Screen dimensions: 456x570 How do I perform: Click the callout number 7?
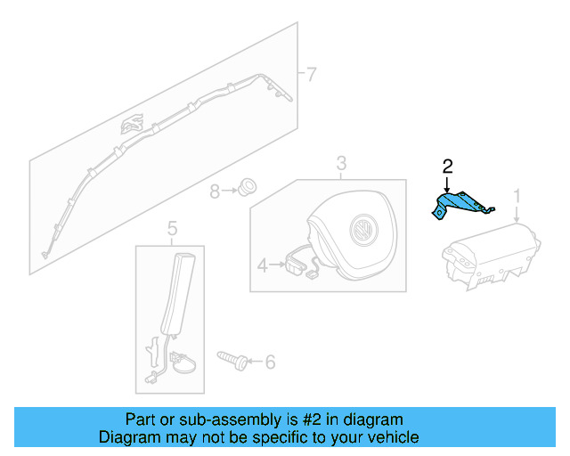pyautogui.click(x=310, y=74)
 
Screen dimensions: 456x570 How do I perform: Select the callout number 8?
pyautogui.click(x=215, y=191)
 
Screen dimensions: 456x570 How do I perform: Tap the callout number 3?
pyautogui.click(x=341, y=163)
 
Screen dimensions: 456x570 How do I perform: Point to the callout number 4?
pyautogui.click(x=262, y=265)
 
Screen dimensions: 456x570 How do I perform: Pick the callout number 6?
pyautogui.click(x=270, y=362)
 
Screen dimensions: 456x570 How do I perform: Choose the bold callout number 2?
pyautogui.click(x=447, y=166)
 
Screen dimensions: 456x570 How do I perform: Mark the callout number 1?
pyautogui.click(x=516, y=194)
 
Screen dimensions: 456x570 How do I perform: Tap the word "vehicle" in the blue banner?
pyautogui.click(x=392, y=437)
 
